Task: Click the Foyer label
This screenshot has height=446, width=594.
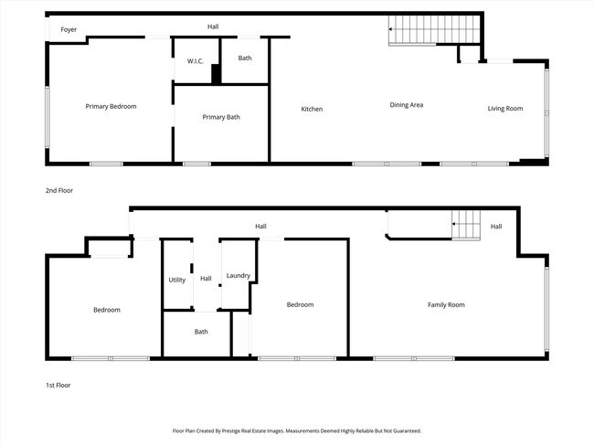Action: [x=69, y=30]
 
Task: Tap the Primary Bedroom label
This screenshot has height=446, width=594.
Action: [x=111, y=107]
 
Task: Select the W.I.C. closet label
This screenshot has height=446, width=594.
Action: [x=195, y=61]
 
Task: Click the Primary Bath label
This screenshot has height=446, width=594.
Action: [x=221, y=117]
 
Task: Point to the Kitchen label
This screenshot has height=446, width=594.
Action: [x=312, y=110]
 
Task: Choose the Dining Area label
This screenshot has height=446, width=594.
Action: [x=406, y=105]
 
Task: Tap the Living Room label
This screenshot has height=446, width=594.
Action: [x=504, y=109]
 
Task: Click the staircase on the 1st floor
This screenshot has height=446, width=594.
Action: [x=467, y=224]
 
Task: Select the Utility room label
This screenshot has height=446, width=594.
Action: [x=177, y=280]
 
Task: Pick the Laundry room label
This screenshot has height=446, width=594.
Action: [x=239, y=275]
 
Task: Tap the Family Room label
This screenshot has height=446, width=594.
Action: [x=446, y=304]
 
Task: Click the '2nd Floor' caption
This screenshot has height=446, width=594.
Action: [x=59, y=191]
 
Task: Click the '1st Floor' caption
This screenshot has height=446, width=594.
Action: [x=58, y=386]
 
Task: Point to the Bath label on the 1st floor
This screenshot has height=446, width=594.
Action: [x=201, y=332]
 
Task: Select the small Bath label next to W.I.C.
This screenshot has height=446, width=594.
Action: [x=245, y=58]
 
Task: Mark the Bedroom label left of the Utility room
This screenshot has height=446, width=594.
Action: [x=106, y=310]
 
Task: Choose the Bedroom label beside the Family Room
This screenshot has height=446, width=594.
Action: [x=300, y=304]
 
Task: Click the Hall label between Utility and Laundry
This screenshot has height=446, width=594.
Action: [x=207, y=279]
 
